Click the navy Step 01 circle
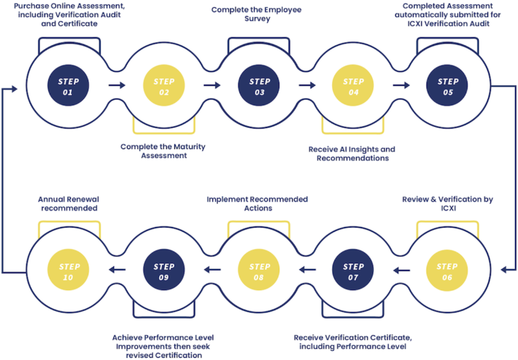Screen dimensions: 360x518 click(69, 86)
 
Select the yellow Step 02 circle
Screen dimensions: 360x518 click(164, 86)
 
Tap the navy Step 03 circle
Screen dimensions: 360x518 click(258, 86)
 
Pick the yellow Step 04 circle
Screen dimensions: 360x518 click(353, 86)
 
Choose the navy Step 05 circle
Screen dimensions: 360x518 click(447, 86)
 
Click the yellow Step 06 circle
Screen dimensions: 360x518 click(447, 271)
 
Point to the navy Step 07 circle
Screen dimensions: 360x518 click(353, 271)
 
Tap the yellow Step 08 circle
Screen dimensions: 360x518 click(258, 271)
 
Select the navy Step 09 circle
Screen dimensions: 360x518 click(164, 271)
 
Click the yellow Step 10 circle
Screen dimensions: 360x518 click(69, 271)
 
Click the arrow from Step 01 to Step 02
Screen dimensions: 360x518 click(116, 86)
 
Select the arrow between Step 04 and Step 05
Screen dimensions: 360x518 click(400, 86)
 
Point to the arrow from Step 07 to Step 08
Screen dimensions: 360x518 click(306, 269)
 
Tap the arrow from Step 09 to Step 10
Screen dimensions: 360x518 click(117, 269)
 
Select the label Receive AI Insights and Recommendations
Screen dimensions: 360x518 click(352, 154)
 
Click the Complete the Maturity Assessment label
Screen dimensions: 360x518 click(163, 151)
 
